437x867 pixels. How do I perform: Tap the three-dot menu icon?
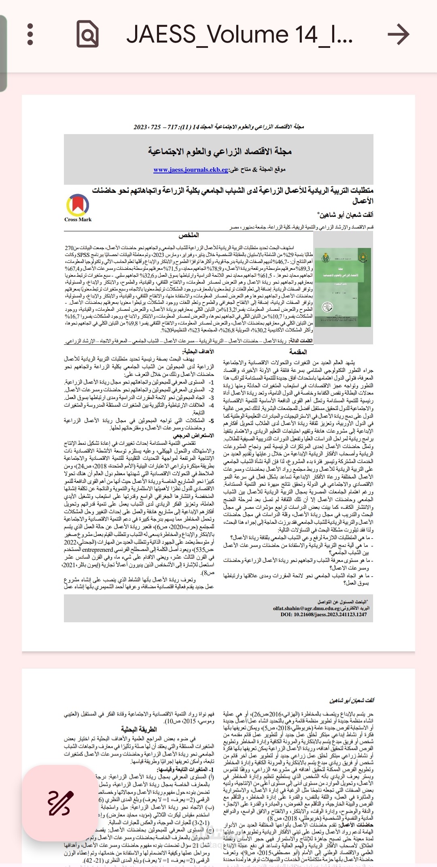pos(30,34)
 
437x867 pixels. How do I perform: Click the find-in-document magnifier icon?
pos(87,34)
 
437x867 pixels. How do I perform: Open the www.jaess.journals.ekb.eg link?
pos(191,170)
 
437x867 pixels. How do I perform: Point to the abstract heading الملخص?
pos(189,235)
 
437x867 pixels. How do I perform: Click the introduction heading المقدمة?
pos(298,352)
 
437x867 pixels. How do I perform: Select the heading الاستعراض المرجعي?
pos(193,436)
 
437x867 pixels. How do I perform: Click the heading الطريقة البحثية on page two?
pos(138,729)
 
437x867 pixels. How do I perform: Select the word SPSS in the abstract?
pos(83,255)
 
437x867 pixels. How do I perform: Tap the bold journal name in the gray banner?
pos(220,151)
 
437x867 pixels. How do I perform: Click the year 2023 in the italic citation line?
pos(140,127)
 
